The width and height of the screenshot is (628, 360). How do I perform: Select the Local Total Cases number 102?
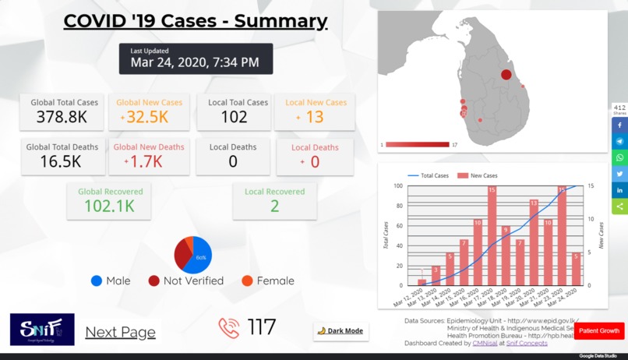coord(234,118)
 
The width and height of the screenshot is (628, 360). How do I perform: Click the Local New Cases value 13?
coord(314,118)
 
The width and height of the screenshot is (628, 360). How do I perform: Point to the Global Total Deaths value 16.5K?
coord(62,161)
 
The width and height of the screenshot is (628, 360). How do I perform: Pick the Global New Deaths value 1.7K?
coord(146,161)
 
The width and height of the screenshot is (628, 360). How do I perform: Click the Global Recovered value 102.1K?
coord(109,206)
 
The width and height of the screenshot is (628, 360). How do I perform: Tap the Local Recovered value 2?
coord(274,206)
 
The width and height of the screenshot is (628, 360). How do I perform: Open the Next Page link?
coord(120,332)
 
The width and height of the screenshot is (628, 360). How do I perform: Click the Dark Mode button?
coord(340,331)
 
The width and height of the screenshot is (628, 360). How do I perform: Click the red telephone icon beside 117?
coord(229,328)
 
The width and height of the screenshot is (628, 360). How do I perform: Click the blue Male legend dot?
coord(97,281)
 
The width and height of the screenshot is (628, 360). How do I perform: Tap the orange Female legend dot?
coord(247,281)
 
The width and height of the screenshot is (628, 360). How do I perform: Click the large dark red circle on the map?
coord(506,75)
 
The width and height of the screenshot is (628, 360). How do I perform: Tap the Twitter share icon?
coord(619,174)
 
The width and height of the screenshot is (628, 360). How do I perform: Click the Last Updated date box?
coord(196,58)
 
